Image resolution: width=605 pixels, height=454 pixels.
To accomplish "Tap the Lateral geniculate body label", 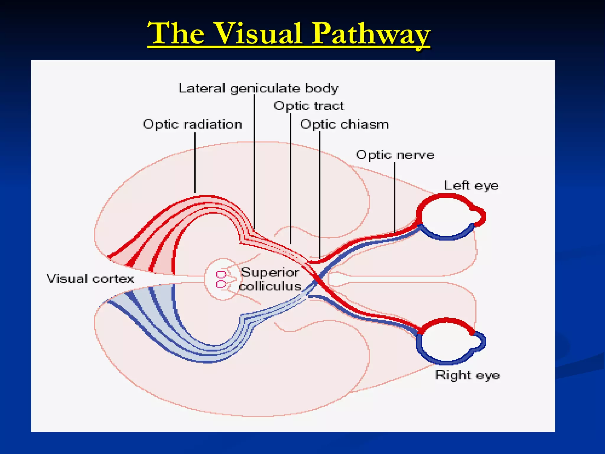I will point(258,88).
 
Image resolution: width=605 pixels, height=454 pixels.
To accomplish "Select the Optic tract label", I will point(308,106).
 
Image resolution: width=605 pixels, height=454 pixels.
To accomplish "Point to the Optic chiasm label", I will point(344,124).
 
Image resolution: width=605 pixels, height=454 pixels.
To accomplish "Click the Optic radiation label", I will point(192,124).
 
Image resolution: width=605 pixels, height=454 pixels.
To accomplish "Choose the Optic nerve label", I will point(395,155).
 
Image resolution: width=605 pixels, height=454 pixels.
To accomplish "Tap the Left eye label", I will point(471,186).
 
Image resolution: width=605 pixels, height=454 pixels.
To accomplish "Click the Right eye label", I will point(467,375).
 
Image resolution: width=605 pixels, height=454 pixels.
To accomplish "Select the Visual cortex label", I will point(90,279).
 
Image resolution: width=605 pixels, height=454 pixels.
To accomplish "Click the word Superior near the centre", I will point(270,272).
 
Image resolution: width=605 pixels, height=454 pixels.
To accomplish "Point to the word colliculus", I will point(270,286).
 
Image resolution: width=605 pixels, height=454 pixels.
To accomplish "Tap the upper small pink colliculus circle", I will point(221,275).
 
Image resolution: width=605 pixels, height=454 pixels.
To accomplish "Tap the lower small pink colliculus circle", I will point(221,284).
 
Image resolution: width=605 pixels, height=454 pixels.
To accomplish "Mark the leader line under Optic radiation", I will point(195,163).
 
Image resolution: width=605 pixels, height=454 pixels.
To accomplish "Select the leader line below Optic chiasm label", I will point(319,195).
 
